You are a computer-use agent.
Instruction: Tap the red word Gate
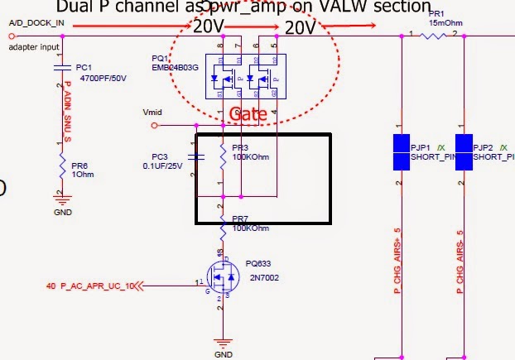[x=248, y=114]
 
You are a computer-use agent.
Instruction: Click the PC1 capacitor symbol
[x=60, y=67]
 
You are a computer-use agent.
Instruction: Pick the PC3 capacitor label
[x=160, y=156]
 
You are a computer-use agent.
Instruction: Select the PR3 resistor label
[x=241, y=146]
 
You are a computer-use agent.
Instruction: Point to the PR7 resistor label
[x=242, y=218]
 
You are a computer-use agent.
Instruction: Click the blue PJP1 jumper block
[x=400, y=153]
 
